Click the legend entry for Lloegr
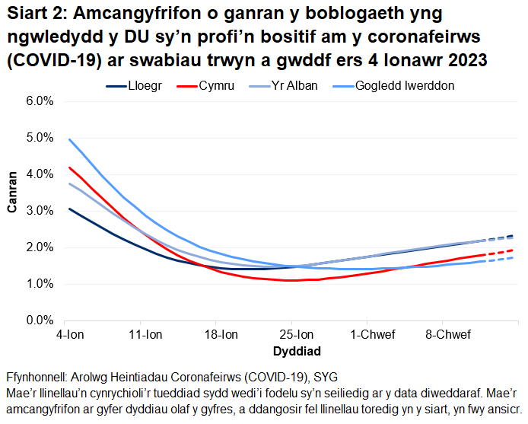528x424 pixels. pos(146,86)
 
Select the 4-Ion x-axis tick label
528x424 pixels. pos(69,334)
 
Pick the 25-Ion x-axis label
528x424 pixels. pos(296,334)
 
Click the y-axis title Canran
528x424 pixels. pos(13,211)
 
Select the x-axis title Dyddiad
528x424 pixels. pos(296,351)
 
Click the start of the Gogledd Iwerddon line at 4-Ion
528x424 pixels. pos(69,139)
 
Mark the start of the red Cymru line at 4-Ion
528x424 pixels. pos(69,167)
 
